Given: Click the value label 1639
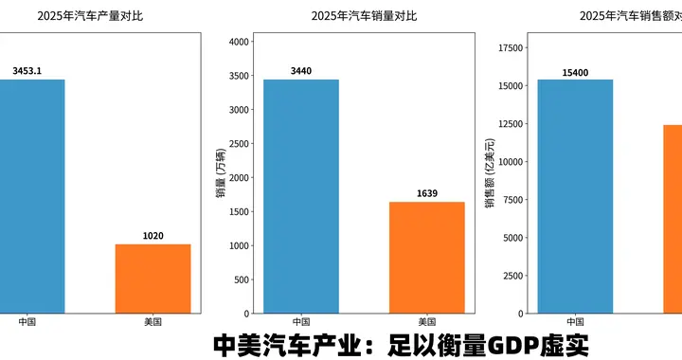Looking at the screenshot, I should tap(428, 193).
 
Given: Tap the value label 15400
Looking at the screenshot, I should tap(575, 72).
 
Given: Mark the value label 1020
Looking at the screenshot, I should tap(153, 236).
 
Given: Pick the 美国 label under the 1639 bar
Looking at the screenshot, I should tap(427, 322).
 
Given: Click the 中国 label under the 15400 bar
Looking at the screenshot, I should tap(575, 322).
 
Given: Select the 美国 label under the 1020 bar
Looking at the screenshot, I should tap(153, 322).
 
